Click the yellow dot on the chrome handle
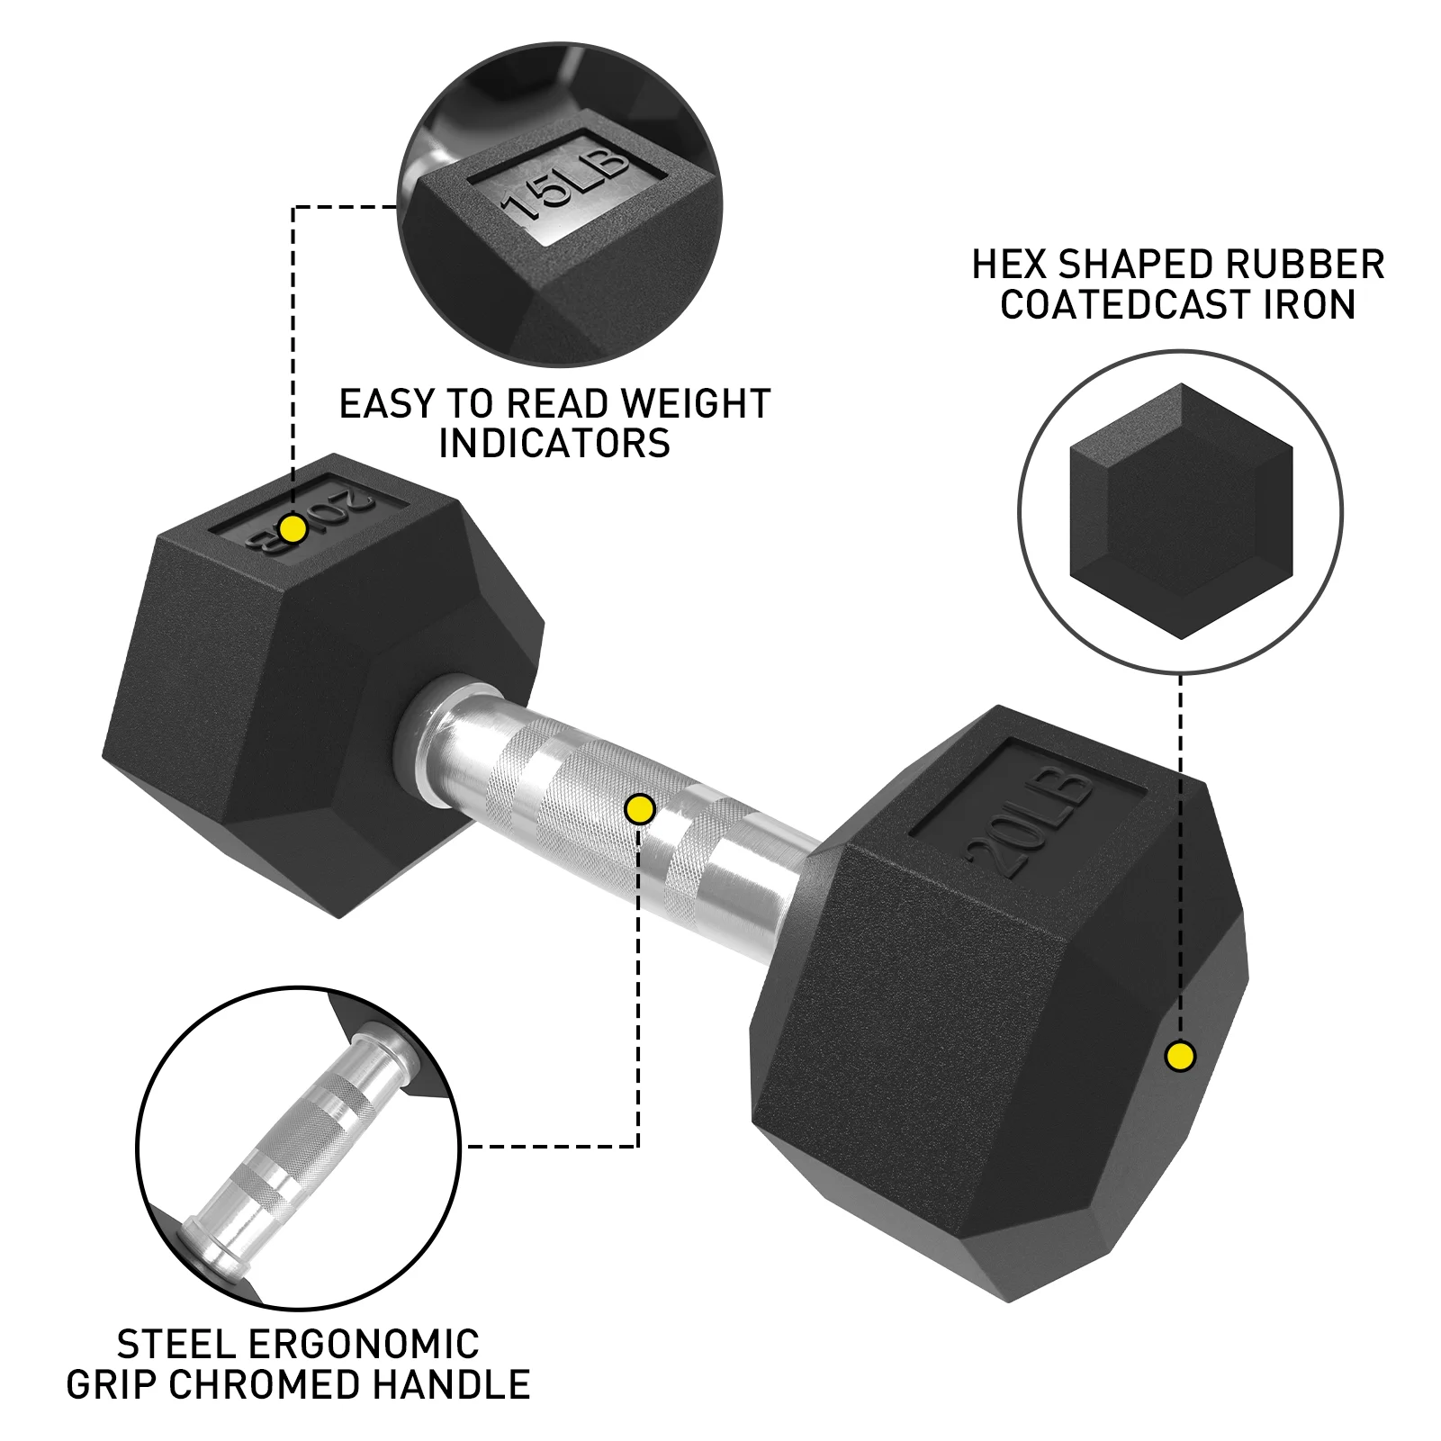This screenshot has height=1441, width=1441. point(639,809)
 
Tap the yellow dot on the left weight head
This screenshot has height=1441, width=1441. point(293,528)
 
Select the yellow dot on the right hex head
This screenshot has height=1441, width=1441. point(1180,1056)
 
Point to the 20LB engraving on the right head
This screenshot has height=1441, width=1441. point(1031,824)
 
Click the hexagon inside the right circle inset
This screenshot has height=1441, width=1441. point(1181,511)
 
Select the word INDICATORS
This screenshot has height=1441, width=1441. point(554,444)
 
